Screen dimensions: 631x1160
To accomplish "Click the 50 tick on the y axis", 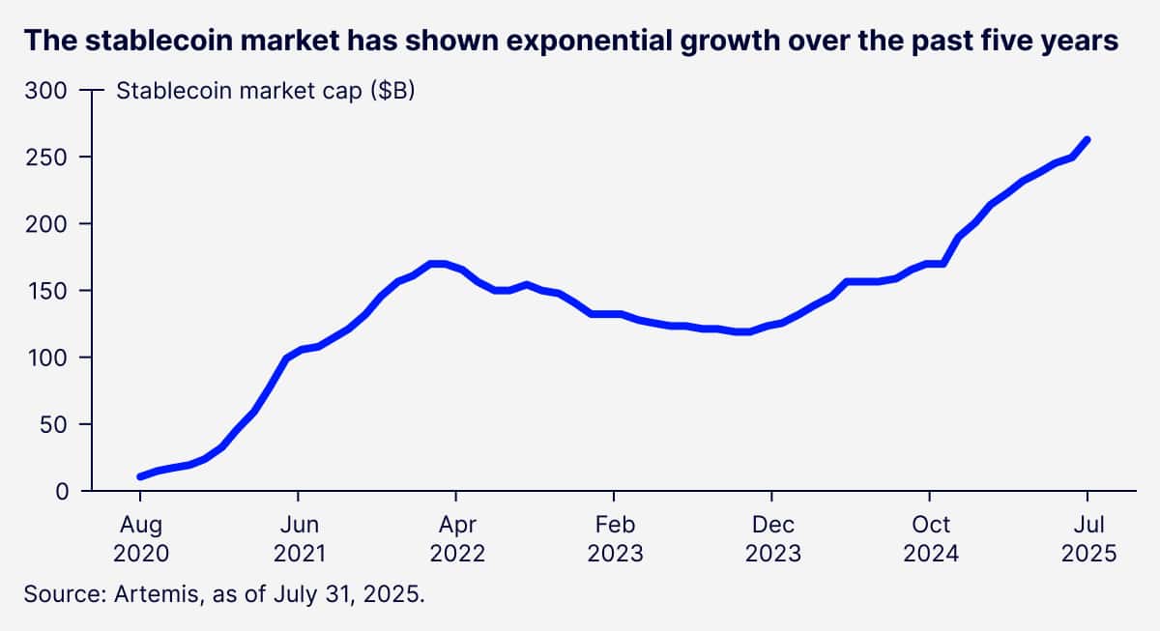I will coord(54,424).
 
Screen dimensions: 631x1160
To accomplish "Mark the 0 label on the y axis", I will coord(60,491).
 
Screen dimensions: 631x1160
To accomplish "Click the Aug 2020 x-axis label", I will coord(140,539).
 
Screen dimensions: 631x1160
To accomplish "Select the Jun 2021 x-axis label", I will coord(298,539).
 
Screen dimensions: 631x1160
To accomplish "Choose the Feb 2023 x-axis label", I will coord(614,539).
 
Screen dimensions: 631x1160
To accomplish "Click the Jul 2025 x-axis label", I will coord(1087,539).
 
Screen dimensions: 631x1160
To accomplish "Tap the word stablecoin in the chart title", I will coord(159,42).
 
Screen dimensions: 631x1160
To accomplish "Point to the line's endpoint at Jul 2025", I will coord(1087,140).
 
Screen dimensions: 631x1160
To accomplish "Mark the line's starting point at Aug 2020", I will coord(141,476).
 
